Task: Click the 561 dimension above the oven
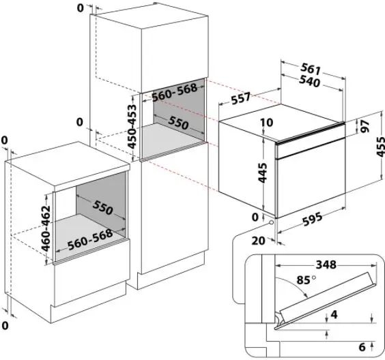[311, 69]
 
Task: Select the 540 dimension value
[310, 81]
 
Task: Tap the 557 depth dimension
[240, 98]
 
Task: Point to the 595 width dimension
[313, 220]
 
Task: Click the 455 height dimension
[381, 147]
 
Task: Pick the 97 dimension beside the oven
[366, 126]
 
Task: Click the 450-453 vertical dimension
[132, 127]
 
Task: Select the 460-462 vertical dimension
[46, 228]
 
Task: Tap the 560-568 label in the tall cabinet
[175, 93]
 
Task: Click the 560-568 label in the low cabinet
[90, 239]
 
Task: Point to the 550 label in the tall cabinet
[178, 123]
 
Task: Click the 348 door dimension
[326, 265]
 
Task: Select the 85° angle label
[306, 280]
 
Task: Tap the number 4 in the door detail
[334, 314]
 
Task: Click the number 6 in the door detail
[362, 347]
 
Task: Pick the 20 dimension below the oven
[258, 241]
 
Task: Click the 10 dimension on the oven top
[267, 122]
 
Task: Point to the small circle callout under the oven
[271, 222]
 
